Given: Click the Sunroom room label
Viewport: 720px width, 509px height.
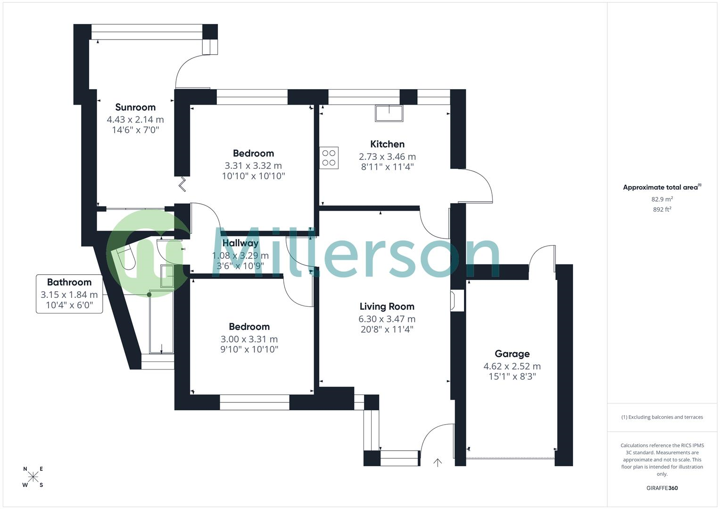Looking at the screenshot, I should (x=135, y=107).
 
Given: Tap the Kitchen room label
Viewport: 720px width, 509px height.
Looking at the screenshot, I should (x=387, y=144).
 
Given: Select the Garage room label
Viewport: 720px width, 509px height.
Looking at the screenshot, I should (x=512, y=354).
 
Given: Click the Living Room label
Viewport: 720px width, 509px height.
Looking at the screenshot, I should (x=387, y=306).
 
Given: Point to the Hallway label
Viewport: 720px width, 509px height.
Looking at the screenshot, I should (x=240, y=243).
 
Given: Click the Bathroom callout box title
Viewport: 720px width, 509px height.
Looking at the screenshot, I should (x=69, y=282).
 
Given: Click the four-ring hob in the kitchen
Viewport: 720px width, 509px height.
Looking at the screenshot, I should (x=329, y=158).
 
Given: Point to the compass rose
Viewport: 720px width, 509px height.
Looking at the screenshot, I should (x=33, y=477).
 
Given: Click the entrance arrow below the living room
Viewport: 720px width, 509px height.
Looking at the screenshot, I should (x=438, y=463).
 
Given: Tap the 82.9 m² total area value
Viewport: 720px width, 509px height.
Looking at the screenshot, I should (x=662, y=199).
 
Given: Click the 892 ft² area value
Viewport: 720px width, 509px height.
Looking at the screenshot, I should (x=662, y=209).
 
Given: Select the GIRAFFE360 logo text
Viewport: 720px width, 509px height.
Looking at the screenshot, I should (x=662, y=488).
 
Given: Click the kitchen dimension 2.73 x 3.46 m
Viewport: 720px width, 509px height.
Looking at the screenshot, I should (x=387, y=156).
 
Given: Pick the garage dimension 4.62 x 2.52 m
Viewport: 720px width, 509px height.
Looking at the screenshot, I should (x=512, y=366).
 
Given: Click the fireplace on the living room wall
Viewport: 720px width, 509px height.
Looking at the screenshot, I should (x=457, y=301).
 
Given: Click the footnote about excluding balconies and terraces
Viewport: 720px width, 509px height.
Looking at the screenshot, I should (x=662, y=417).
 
